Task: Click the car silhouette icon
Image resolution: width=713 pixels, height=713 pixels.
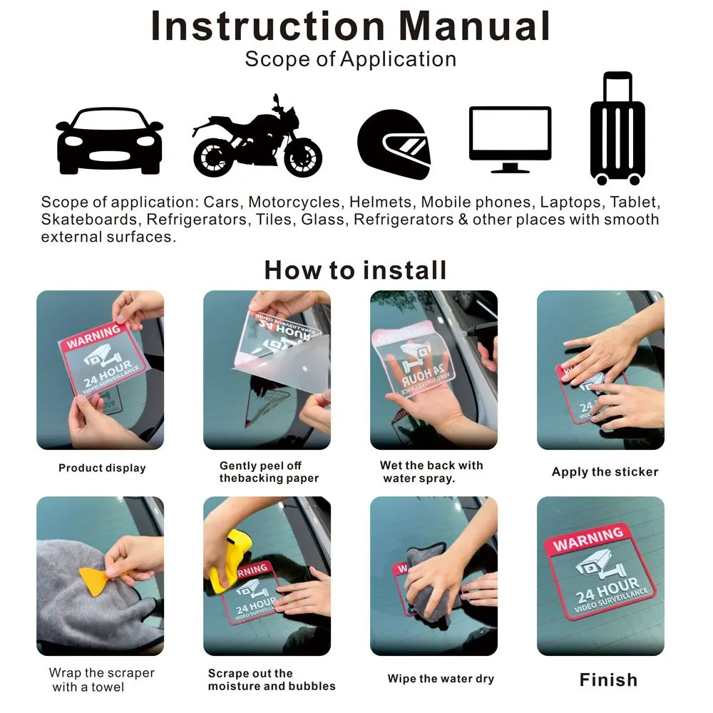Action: [x=109, y=141]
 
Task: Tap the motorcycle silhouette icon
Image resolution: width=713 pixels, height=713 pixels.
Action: [x=257, y=139]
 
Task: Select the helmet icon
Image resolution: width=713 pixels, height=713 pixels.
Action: [x=394, y=144]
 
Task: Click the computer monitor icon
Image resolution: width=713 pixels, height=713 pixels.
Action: [x=511, y=140]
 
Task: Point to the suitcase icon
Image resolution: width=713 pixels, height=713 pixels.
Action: [x=617, y=128]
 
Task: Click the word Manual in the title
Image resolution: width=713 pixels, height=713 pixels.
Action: [x=474, y=26]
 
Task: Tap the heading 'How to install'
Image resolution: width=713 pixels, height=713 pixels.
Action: [x=356, y=270]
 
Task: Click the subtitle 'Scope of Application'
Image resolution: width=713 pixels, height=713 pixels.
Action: [x=351, y=59]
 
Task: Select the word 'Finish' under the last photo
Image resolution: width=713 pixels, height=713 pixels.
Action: [x=608, y=679]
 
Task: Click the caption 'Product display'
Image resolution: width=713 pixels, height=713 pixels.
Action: [x=102, y=468]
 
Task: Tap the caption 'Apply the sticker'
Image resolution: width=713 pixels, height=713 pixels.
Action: [x=605, y=472]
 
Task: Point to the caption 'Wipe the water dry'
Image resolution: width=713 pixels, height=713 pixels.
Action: [x=441, y=679]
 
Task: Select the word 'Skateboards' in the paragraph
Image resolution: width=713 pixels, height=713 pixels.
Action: [x=89, y=220]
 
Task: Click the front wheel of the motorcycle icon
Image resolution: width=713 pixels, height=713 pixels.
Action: [x=303, y=158]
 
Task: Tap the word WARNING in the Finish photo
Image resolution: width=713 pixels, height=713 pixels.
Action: [x=588, y=538]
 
